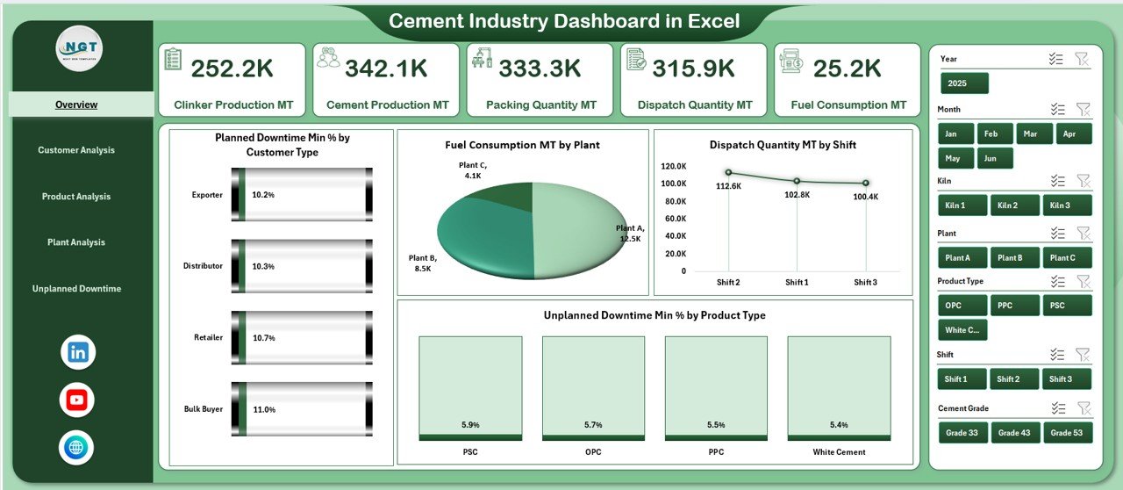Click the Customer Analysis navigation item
pyautogui.click(x=76, y=150)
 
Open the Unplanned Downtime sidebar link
pyautogui.click(x=76, y=289)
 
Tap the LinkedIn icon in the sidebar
pyautogui.click(x=77, y=352)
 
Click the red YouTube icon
pyautogui.click(x=77, y=400)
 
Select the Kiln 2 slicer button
pyautogui.click(x=1014, y=205)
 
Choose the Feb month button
pyautogui.click(x=991, y=133)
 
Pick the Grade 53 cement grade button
pyautogui.click(x=1067, y=432)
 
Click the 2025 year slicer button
pyautogui.click(x=964, y=83)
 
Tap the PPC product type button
pyautogui.click(x=1014, y=306)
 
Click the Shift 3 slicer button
pyautogui.click(x=1067, y=378)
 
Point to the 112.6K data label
pyautogui.click(x=728, y=186)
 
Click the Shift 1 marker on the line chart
pyautogui.click(x=797, y=181)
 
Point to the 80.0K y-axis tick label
pyautogui.click(x=674, y=218)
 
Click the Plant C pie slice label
pyautogui.click(x=473, y=169)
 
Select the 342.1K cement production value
pyautogui.click(x=386, y=68)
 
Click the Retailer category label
pyautogui.click(x=207, y=337)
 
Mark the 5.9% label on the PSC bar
pyautogui.click(x=470, y=425)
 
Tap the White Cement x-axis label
pyautogui.click(x=839, y=452)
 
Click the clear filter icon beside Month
pyautogui.click(x=1083, y=110)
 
